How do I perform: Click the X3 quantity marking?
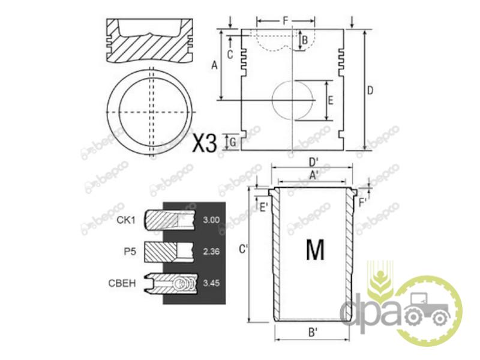205,143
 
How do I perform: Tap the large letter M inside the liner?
315,250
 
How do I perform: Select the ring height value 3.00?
211,220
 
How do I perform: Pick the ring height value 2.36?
211,251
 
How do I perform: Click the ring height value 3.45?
211,283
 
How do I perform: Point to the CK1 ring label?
126,220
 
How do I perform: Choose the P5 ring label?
130,251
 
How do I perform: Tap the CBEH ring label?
122,283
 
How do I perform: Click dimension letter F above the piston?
286,21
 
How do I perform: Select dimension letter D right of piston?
370,91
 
